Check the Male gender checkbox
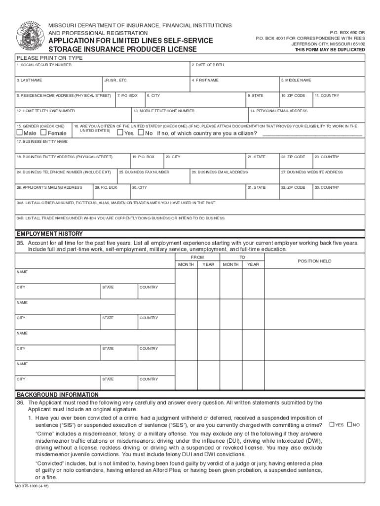click(19, 133)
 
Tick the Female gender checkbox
click(43, 133)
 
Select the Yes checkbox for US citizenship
click(119, 133)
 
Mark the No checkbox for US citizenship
click(141, 133)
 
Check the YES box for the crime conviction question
click(332, 424)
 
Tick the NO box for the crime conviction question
click(350, 424)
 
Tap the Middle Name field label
click(296, 80)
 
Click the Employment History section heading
click(50, 234)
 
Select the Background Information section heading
click(58, 395)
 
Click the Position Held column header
click(314, 261)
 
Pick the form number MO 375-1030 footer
click(32, 486)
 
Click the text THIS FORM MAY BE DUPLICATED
click(330, 50)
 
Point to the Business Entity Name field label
click(42, 142)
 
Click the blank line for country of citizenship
click(312, 134)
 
